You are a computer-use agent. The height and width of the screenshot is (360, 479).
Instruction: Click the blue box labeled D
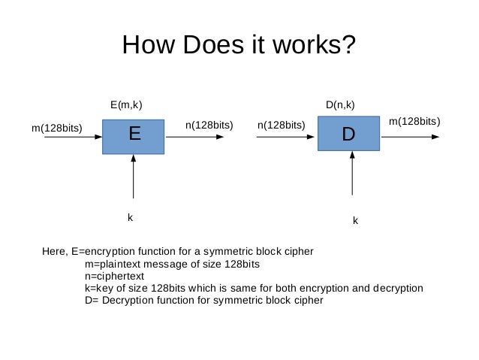point(348,135)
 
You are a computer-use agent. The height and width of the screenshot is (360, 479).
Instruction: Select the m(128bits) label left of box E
point(56,128)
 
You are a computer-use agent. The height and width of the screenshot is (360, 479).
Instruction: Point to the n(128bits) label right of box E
point(209,125)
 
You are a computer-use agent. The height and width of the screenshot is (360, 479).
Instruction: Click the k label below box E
point(130,217)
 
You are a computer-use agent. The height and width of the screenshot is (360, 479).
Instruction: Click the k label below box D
point(355,221)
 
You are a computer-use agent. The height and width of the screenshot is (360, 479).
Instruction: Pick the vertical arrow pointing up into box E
point(132,180)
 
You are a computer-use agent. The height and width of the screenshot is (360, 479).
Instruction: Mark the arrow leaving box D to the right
point(413,138)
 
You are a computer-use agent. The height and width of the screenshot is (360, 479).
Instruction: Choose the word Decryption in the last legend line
point(125,300)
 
